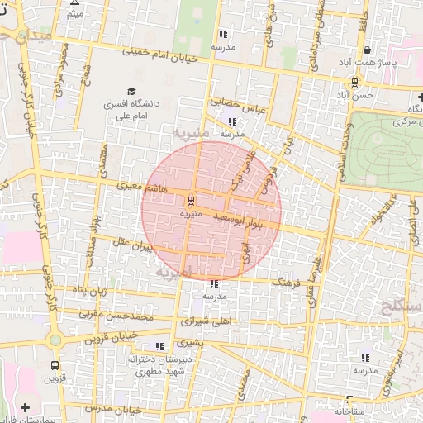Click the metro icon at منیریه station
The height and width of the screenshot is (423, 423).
click(191, 200)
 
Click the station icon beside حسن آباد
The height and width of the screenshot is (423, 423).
click(354, 81)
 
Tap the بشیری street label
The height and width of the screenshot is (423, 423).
click(189, 341)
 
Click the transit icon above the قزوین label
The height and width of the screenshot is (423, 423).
click(55, 364)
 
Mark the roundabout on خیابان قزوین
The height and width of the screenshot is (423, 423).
click(55, 340)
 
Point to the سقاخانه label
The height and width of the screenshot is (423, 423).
click(355, 411)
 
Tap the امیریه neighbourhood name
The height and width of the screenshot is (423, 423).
click(173, 271)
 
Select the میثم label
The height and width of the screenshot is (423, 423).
click(75, 14)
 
